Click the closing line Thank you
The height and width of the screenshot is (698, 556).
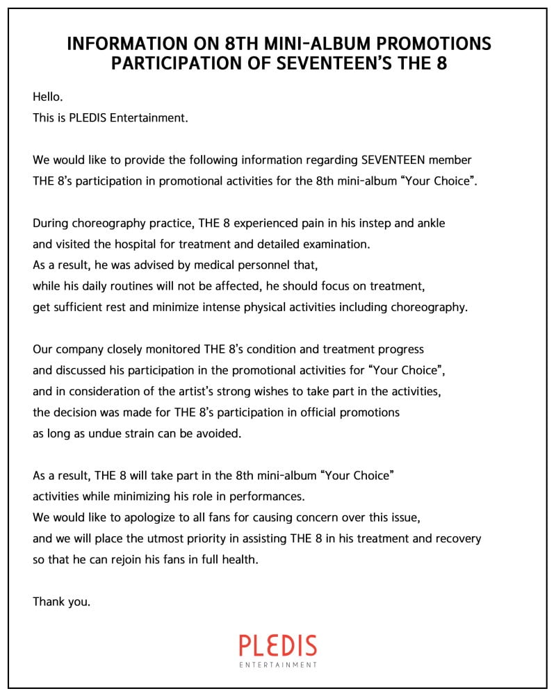(61, 601)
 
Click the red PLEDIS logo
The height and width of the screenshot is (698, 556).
(278, 645)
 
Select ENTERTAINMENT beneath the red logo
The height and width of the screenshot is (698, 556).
(278, 665)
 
